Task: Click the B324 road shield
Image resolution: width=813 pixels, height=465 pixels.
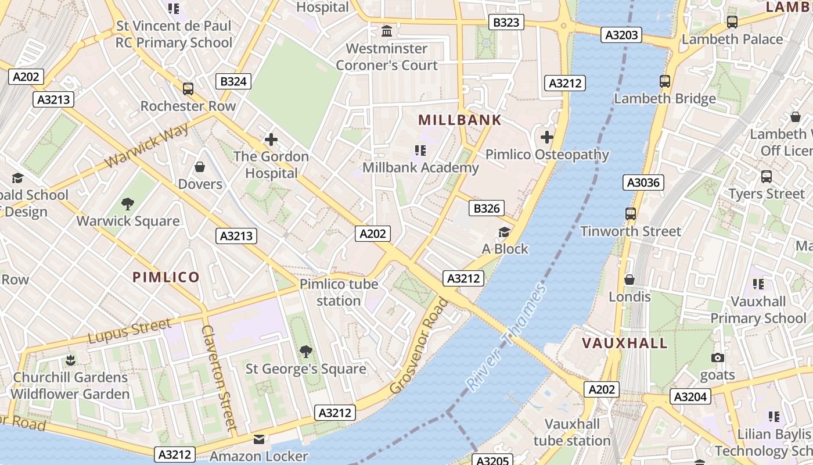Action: [x=233, y=81]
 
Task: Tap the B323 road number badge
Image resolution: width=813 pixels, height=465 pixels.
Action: [x=505, y=22]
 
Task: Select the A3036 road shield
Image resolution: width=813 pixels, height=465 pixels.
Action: [x=643, y=183]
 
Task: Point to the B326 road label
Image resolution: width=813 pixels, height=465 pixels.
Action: [x=487, y=208]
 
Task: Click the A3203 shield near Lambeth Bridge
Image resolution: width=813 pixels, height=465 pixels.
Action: [x=621, y=35]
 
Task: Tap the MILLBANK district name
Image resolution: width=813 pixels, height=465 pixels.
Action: [x=459, y=120]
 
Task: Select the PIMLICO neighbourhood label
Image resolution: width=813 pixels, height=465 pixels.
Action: [x=166, y=277]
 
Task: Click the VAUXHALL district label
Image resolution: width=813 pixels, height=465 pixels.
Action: [x=625, y=343]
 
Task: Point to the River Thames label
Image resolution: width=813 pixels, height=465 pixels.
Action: [x=506, y=337]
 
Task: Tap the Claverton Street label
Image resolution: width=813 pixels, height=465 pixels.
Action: [x=220, y=377]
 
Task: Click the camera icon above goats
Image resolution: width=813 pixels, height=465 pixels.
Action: [x=718, y=358]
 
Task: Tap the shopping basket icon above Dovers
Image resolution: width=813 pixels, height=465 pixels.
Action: [x=200, y=167]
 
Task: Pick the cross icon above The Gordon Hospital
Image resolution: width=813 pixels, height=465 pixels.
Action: [x=271, y=139]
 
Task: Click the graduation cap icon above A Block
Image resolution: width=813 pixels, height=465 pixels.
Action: [x=504, y=233]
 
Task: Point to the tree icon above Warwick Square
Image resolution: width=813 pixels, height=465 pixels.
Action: [x=128, y=204]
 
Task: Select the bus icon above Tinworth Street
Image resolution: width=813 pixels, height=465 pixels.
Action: [x=631, y=214]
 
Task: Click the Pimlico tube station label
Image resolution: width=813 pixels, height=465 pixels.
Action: [x=339, y=292]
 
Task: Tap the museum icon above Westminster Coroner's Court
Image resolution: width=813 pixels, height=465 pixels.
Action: [x=387, y=31]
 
